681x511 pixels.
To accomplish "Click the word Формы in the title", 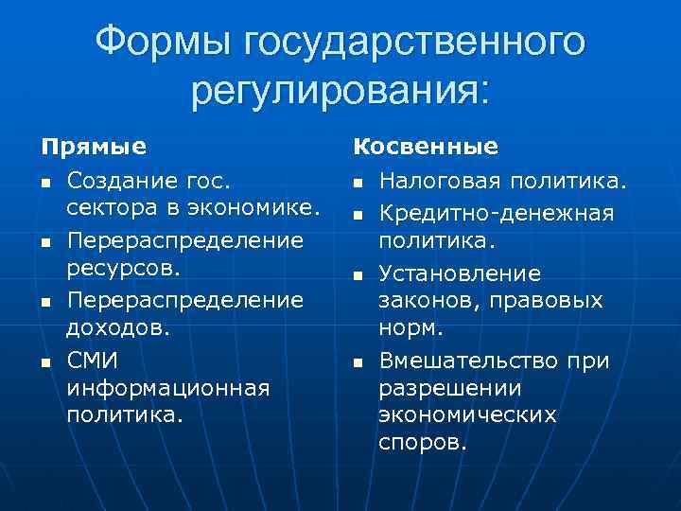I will (166, 42).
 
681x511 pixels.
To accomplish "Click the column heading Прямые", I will (93, 147).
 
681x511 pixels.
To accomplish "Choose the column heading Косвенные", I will (426, 147).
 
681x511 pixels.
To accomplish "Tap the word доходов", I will (119, 327).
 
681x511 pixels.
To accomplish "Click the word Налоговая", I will (437, 179).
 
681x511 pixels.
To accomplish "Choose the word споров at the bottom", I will (423, 443).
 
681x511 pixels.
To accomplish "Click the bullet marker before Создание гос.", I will (44, 182).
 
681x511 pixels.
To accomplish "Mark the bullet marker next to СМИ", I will (44, 361).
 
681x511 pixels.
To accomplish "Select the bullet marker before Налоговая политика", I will (358, 182).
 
